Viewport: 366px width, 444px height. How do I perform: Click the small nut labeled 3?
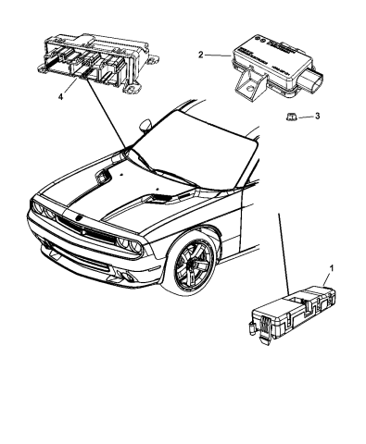point(290,116)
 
